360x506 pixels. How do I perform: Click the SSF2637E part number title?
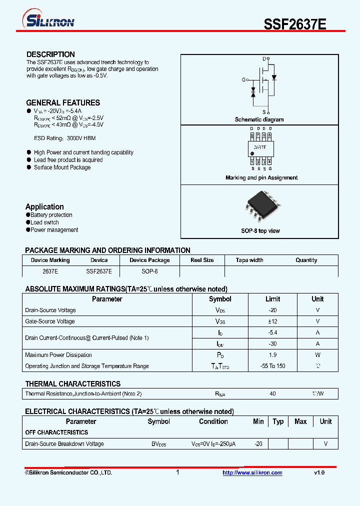[x=295, y=24]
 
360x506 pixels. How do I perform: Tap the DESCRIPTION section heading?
[x=50, y=54]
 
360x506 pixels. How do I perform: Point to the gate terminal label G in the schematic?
[x=243, y=79]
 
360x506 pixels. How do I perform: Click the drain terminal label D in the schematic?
[x=264, y=59]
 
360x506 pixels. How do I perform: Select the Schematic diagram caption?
[x=259, y=119]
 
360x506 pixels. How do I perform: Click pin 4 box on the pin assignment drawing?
[x=269, y=161]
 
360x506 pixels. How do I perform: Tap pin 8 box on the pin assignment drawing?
[x=252, y=135]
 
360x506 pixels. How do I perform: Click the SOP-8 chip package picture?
[x=259, y=205]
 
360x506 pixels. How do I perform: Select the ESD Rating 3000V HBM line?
[x=64, y=138]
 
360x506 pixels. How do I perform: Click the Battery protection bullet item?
[x=51, y=215]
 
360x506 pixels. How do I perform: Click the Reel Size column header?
[x=202, y=260]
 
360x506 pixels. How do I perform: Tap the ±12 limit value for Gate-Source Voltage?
[x=272, y=321]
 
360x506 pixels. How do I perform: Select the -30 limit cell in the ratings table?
[x=272, y=344]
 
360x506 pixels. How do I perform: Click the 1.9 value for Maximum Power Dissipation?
[x=272, y=355]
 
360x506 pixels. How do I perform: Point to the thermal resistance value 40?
[x=272, y=394]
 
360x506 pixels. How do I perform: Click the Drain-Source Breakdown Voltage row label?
[x=64, y=444]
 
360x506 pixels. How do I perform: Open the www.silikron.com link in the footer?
[x=252, y=472]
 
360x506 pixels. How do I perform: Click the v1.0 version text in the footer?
[x=319, y=472]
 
